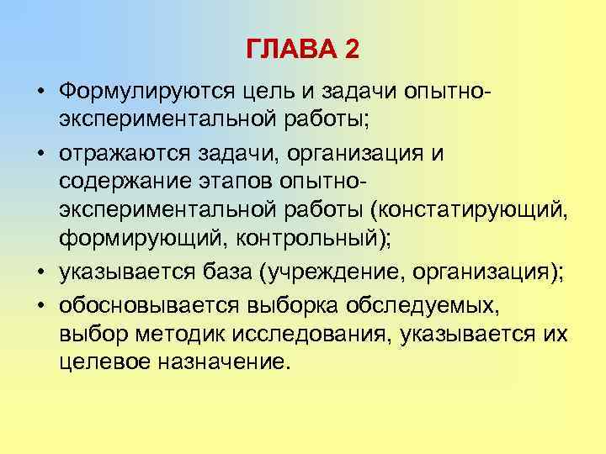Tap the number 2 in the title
tap(351, 50)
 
